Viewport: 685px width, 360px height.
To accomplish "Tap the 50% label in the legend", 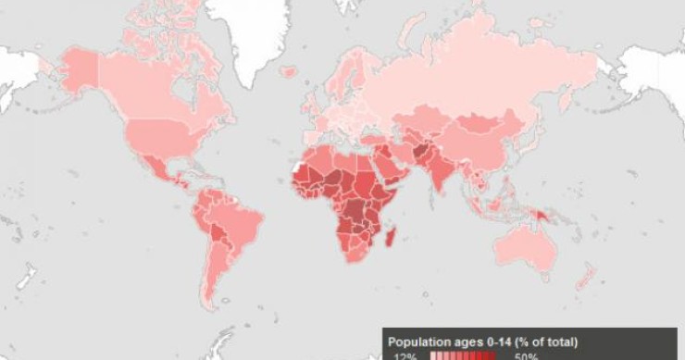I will [524, 355].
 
